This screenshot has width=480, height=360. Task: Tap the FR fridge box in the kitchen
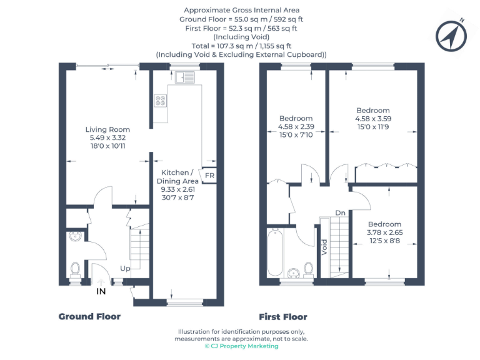(x=209, y=176)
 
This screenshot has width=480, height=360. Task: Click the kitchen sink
(x=184, y=77)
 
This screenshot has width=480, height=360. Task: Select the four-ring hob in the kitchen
(x=159, y=100)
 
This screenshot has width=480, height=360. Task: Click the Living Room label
(x=107, y=129)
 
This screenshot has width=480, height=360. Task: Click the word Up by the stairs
(x=125, y=268)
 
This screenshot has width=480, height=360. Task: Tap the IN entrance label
(x=101, y=291)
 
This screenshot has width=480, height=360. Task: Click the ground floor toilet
(x=75, y=269)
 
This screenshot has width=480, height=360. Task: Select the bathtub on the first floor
(x=276, y=253)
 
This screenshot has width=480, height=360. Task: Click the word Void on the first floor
(x=324, y=247)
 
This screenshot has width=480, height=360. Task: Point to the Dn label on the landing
(x=340, y=212)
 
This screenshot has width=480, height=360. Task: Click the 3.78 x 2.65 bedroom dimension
(x=383, y=232)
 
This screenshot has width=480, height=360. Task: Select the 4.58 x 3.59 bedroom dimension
(x=372, y=119)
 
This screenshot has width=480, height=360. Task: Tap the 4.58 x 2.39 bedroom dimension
(x=296, y=126)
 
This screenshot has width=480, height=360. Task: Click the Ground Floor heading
(x=89, y=317)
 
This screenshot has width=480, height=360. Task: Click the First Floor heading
(x=283, y=317)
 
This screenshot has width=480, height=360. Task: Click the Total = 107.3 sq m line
(x=241, y=46)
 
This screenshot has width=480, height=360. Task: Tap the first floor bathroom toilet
(x=308, y=268)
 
